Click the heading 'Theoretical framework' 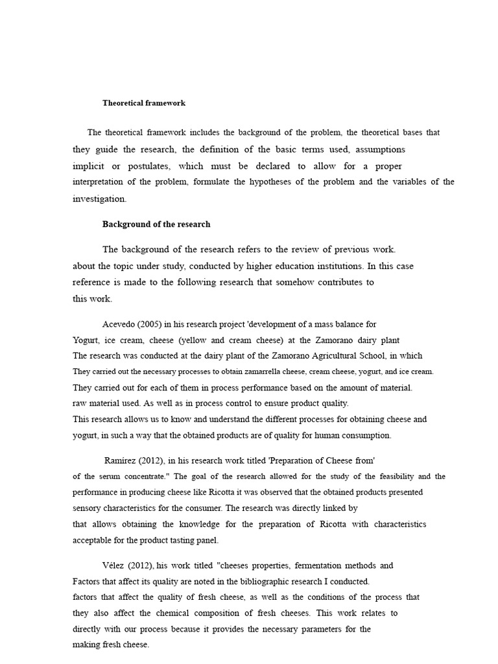point(143,102)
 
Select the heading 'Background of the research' point(156,224)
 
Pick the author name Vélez point(115,566)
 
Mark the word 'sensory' point(88,508)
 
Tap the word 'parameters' point(320,629)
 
